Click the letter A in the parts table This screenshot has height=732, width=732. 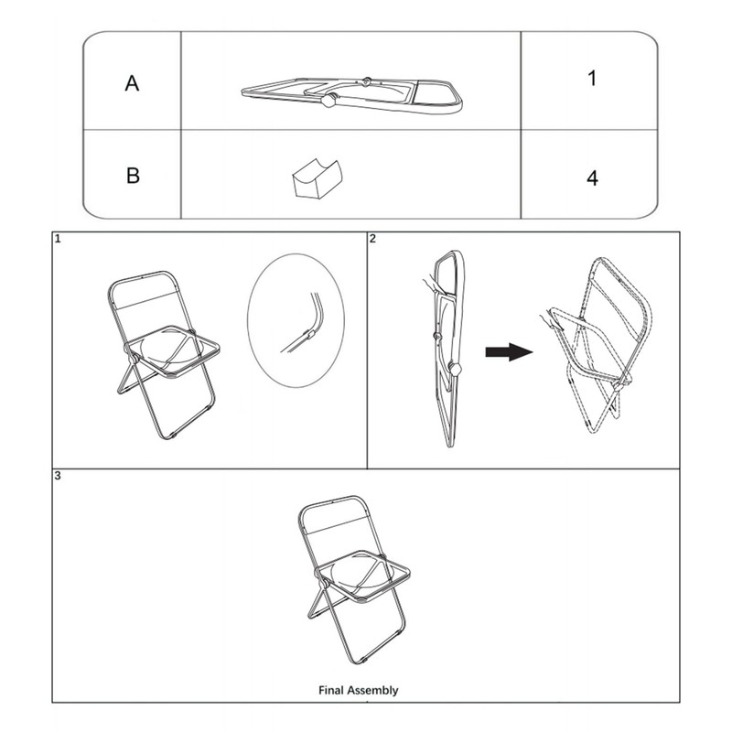tap(133, 83)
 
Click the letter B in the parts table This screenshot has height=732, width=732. tap(133, 175)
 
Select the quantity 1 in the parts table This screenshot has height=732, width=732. tap(592, 79)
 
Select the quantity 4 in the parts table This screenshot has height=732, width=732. tap(592, 177)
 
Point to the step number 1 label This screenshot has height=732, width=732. tap(58, 240)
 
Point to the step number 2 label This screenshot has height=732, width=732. tap(372, 240)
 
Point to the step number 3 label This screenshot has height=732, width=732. tap(58, 477)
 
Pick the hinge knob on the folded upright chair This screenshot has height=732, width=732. tap(455, 370)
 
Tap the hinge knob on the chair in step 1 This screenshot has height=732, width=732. tap(134, 360)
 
